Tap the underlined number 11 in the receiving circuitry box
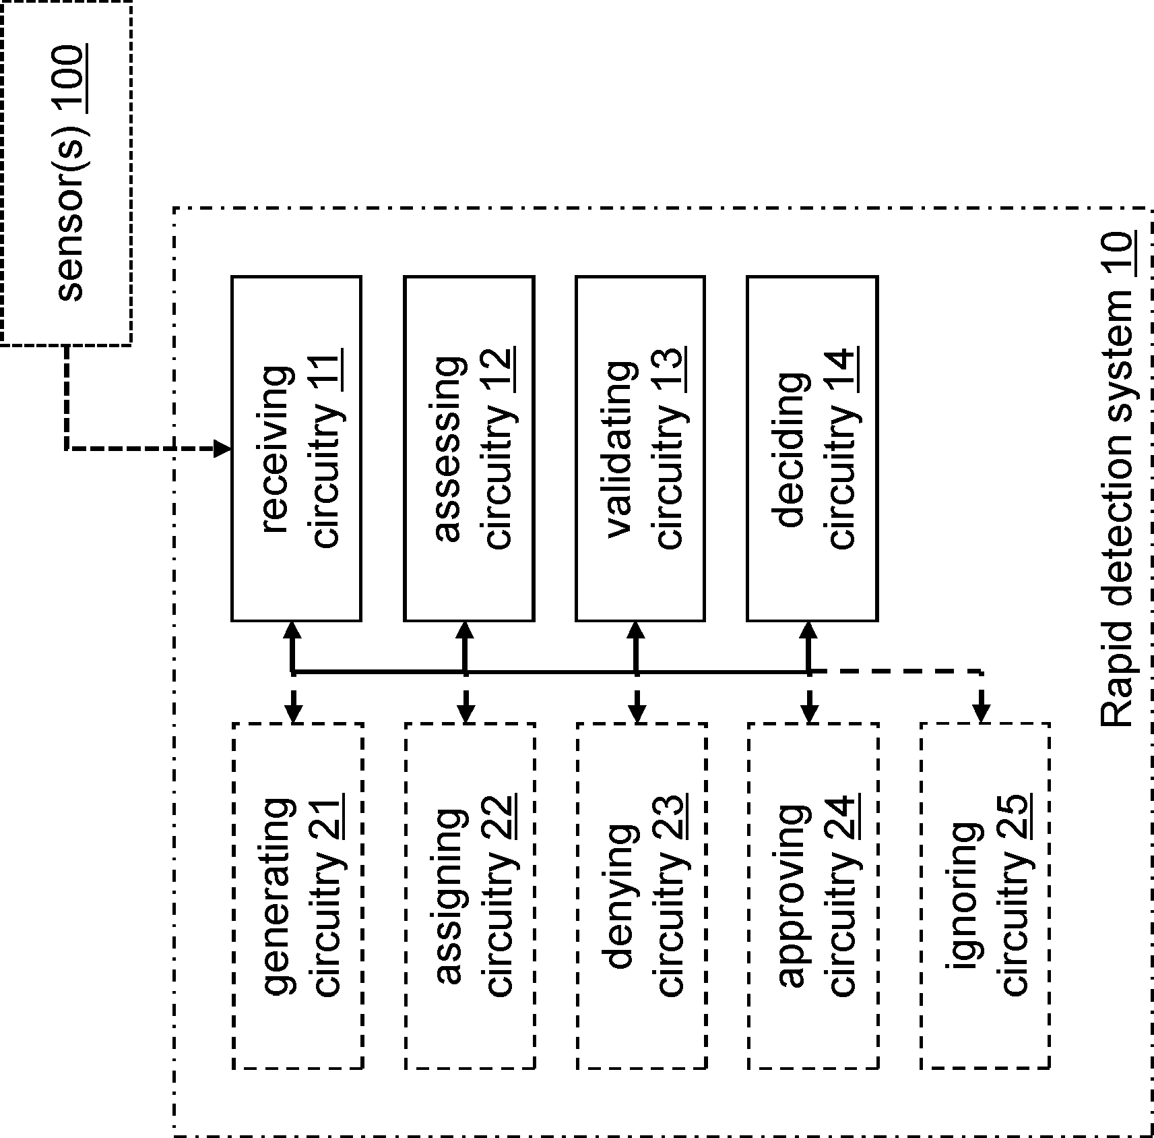pyautogui.click(x=329, y=371)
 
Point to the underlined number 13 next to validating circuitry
pyautogui.click(x=672, y=369)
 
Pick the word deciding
pyautogui.click(x=792, y=450)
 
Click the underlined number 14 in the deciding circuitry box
pyautogui.click(x=844, y=369)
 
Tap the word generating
pyautogui.click(x=278, y=897)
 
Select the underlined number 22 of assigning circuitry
pyautogui.click(x=501, y=818)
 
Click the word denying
pyautogui.click(x=621, y=897)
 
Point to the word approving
pyautogui.click(x=793, y=897)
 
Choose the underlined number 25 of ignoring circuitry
pyautogui.click(x=1016, y=818)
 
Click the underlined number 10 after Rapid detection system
pyautogui.click(x=1118, y=254)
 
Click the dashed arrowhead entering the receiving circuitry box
pyautogui.click(x=222, y=448)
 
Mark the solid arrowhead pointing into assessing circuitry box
pyautogui.click(x=466, y=630)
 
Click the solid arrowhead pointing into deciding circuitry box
pyautogui.click(x=809, y=630)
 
